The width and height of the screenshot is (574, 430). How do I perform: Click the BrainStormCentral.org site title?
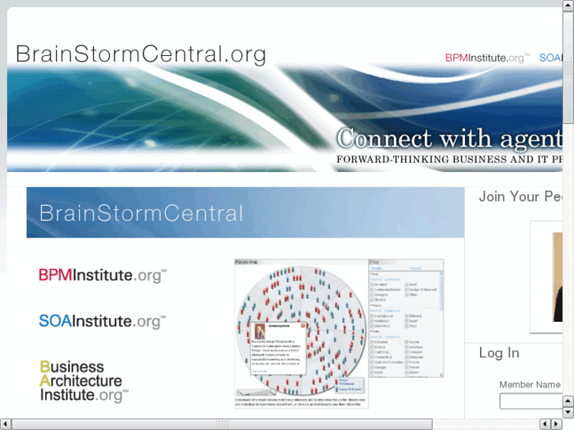click(141, 54)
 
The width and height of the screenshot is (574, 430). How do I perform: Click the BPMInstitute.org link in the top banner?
click(487, 58)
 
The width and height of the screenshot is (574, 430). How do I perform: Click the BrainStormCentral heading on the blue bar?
click(141, 213)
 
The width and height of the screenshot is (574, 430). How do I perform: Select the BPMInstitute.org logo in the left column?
click(103, 275)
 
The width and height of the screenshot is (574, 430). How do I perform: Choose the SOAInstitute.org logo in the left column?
click(103, 321)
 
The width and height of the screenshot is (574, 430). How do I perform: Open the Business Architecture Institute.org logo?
click(84, 381)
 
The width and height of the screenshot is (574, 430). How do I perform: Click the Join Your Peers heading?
click(520, 196)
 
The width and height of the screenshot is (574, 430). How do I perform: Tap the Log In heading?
click(500, 353)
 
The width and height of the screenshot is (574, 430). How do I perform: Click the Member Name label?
click(530, 385)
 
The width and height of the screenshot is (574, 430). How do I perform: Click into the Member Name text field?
click(531, 402)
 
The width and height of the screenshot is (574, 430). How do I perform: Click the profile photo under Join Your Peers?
click(557, 277)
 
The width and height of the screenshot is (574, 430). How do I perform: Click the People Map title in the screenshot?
click(248, 263)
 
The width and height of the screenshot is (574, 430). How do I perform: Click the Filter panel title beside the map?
click(375, 263)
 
